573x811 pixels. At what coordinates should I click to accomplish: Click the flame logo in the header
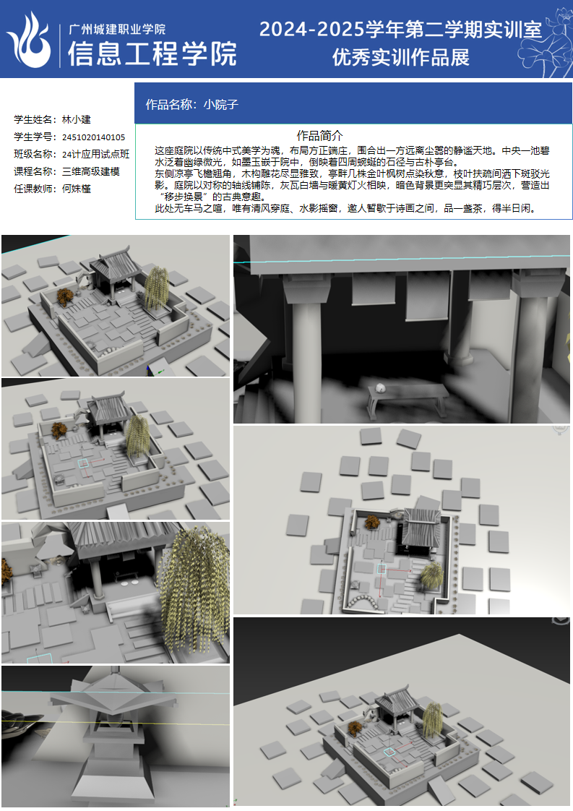pos(30,41)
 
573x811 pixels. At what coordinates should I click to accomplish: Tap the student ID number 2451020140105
pos(94,137)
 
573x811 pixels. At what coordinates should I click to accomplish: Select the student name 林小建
pos(77,119)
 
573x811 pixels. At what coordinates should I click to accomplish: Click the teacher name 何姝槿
pos(77,189)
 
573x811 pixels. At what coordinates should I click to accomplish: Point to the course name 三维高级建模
pos(91,171)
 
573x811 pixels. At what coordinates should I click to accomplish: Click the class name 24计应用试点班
pos(95,154)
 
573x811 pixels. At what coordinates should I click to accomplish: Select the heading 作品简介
pos(319,135)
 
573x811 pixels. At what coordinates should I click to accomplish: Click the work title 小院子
pos(221,105)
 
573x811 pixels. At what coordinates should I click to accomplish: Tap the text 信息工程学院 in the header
pos(152,53)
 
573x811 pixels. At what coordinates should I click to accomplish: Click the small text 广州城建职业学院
pos(117,29)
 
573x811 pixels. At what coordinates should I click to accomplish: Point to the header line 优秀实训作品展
pos(401,57)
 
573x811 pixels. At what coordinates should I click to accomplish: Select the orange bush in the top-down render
pos(371,523)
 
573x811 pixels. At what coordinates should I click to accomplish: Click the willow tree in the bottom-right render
pos(432,720)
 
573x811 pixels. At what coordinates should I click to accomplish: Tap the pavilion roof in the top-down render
pos(421,527)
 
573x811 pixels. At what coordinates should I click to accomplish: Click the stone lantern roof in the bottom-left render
pos(114,692)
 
